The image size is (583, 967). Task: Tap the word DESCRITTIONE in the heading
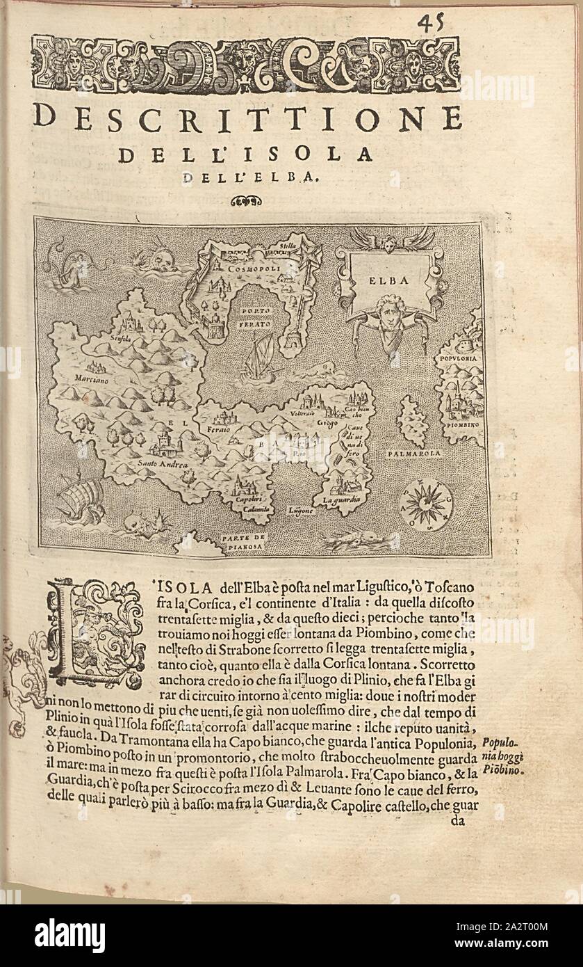point(247,118)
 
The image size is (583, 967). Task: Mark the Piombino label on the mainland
point(459,422)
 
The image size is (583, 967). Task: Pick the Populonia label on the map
point(457,359)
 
